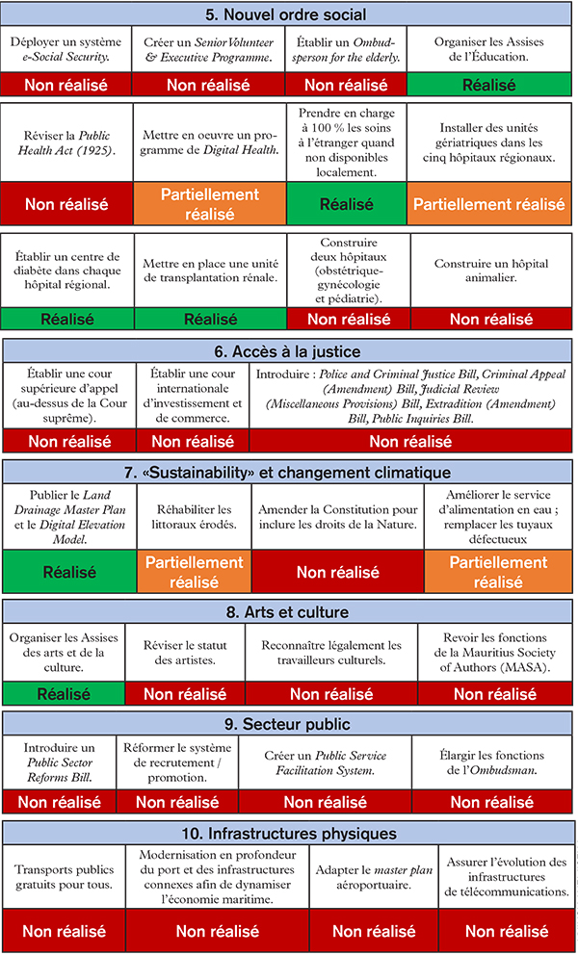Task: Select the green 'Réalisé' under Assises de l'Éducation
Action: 489,85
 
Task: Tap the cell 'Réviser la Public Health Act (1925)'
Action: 66,142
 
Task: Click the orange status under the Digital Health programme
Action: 209,204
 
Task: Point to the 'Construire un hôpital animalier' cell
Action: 490,271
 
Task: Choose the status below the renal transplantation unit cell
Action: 210,319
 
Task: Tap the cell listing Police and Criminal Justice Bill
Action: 411,396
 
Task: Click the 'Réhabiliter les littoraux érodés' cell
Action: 194,516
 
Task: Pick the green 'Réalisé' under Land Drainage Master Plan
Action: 69,571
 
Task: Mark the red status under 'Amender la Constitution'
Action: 337,571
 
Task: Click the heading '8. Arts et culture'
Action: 288,611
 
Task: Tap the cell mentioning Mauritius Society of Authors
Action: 495,653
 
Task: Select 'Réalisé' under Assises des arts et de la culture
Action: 64,694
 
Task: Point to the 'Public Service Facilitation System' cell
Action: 325,762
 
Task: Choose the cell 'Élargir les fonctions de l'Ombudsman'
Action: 492,762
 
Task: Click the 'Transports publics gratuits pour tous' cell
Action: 64,877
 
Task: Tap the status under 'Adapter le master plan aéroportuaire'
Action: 374,931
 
